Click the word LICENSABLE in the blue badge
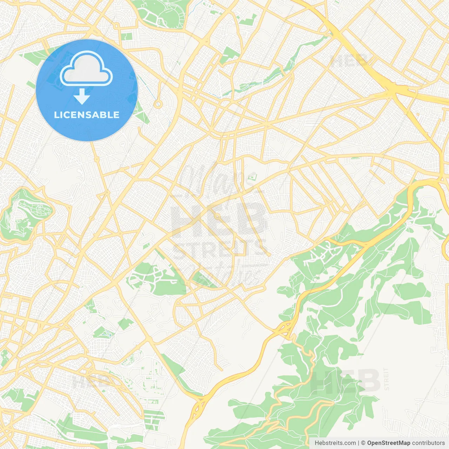point(87,115)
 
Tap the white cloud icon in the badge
point(86,68)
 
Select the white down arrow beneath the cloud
point(82,96)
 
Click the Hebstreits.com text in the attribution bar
point(335,443)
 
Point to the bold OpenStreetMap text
point(389,443)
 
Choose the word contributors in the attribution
point(428,443)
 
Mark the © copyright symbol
point(363,443)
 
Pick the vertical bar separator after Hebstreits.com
point(358,443)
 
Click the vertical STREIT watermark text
point(387,379)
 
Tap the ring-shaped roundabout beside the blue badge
point(158,104)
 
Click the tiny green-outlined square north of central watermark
point(252,176)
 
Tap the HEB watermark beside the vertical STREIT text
point(346,381)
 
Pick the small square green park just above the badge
point(128,36)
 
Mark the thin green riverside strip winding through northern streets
point(267,77)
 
